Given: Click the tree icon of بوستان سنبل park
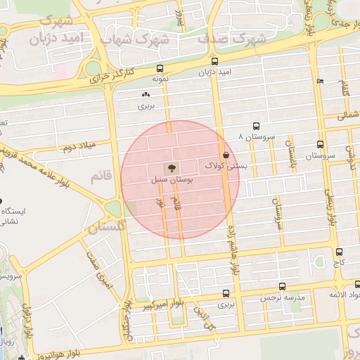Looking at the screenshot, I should [x=169, y=168].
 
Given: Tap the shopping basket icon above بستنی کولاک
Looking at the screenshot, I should [x=226, y=155].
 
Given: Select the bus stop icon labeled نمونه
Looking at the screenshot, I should [x=161, y=70].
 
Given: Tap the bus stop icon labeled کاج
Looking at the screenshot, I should [x=340, y=251].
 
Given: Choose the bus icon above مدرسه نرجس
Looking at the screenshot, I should [x=282, y=287].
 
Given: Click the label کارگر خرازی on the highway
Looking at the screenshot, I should [x=115, y=74].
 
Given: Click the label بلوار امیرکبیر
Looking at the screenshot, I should [x=164, y=305].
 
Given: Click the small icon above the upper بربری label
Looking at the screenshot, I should [x=146, y=94].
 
